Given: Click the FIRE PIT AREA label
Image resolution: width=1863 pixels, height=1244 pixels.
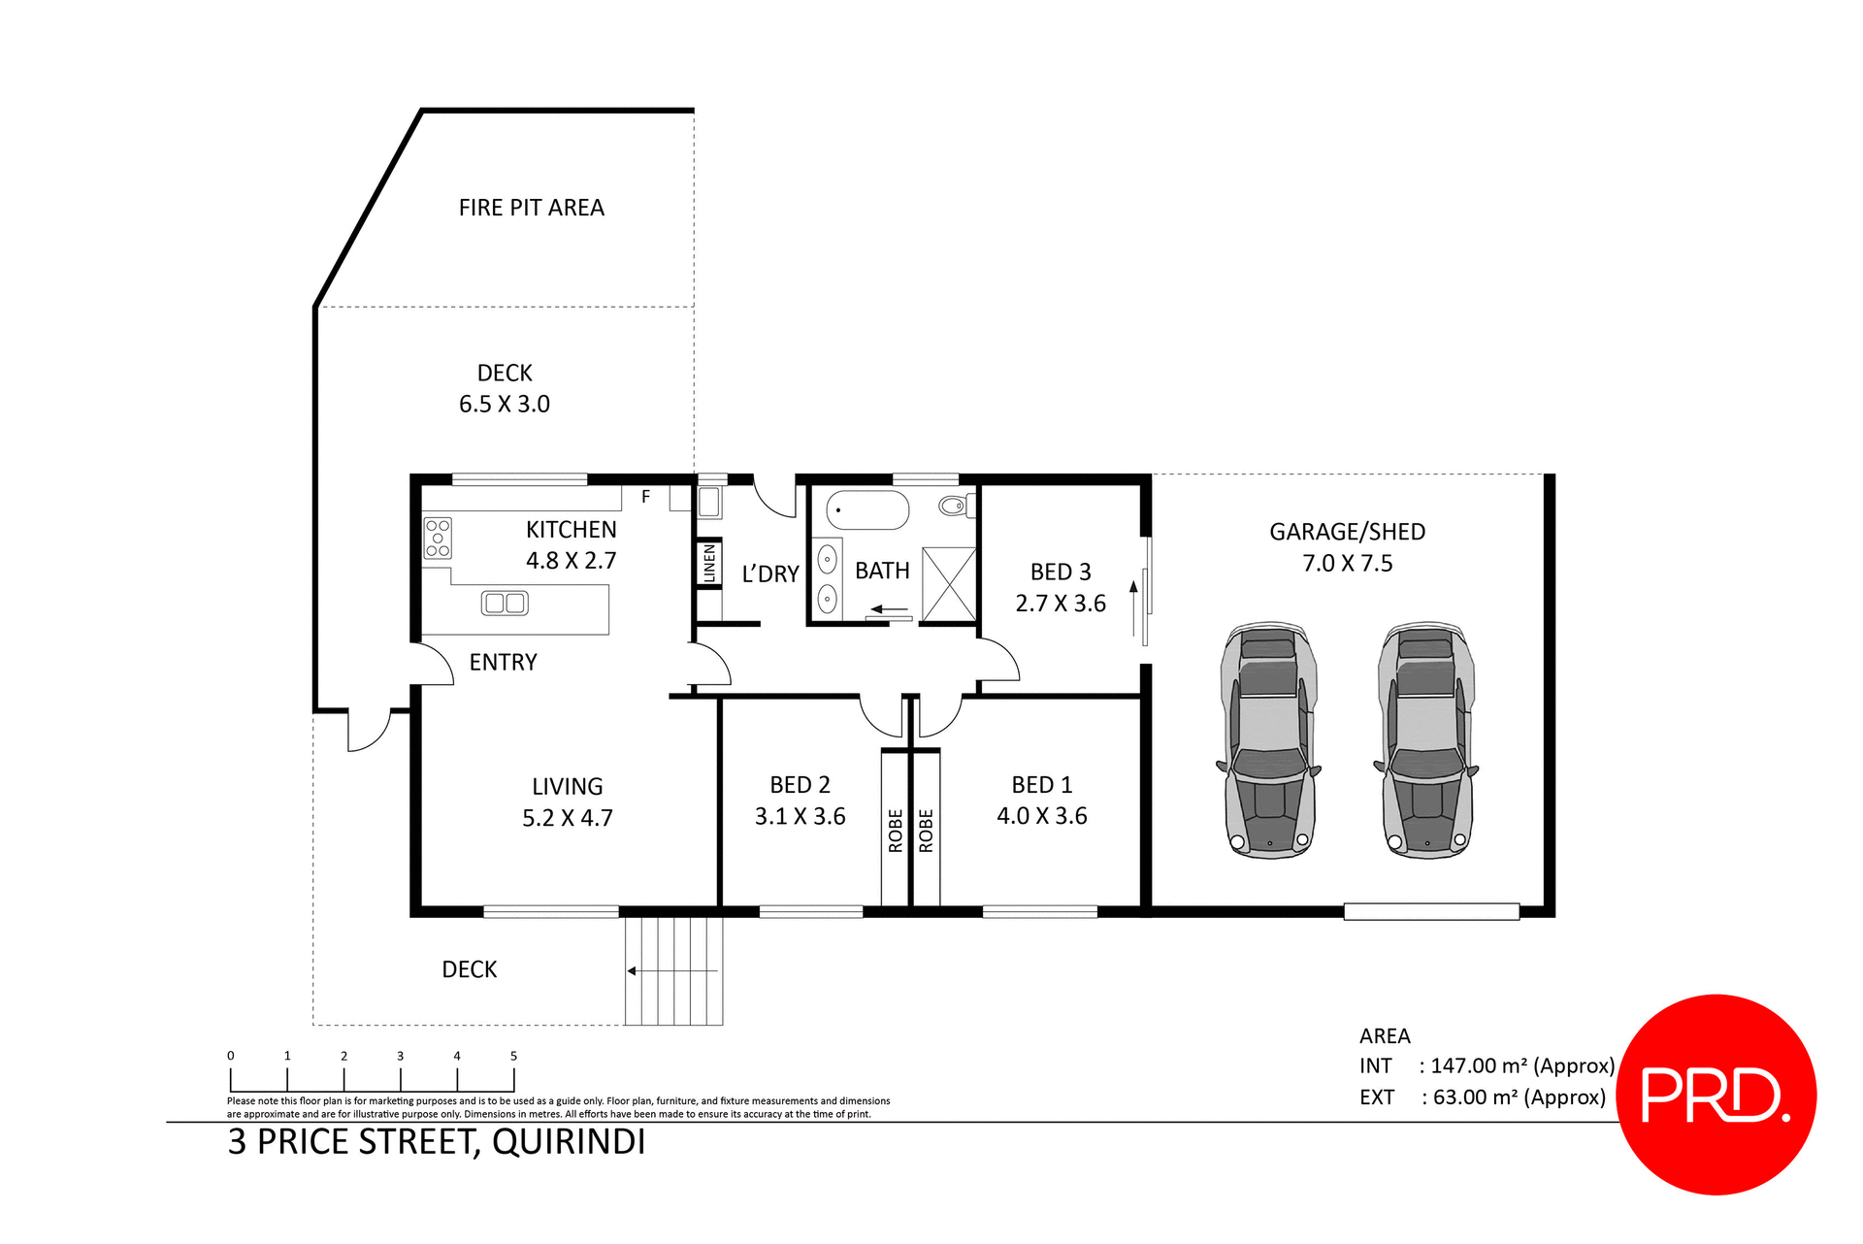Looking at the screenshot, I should coord(531,208).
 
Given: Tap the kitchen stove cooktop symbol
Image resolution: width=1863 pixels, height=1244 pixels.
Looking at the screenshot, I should coord(438,539).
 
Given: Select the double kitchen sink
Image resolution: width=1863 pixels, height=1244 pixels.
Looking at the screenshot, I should coord(505,604).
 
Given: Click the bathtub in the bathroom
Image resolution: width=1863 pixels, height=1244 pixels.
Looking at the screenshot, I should coord(867,509).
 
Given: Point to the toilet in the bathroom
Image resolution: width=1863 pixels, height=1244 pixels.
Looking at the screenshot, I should coord(954,505).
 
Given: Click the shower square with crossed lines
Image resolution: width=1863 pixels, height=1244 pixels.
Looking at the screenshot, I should coord(948,584).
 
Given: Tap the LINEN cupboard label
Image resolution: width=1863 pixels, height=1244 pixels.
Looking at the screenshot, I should coord(709,563).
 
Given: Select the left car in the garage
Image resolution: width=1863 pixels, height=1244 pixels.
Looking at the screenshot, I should coord(1268,741).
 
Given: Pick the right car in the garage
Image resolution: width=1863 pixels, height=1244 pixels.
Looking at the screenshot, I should coord(1425,741).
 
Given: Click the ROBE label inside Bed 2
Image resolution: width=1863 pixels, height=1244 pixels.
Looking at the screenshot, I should coord(896,831).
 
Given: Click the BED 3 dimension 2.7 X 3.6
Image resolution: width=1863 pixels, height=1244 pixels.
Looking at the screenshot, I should coord(1061,604).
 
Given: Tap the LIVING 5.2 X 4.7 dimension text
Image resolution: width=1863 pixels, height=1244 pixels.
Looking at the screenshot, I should coord(568,818).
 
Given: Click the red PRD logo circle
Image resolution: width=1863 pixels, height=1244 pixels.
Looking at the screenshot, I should coord(1716,1095).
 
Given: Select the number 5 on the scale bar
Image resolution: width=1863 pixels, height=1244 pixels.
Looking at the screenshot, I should coord(513,1056).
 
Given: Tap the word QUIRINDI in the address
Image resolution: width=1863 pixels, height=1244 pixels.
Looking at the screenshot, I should coord(569,1142).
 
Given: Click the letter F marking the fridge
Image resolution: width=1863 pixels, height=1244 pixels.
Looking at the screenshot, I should coord(645,497).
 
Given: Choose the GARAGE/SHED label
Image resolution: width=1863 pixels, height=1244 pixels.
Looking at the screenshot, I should coord(1347,532).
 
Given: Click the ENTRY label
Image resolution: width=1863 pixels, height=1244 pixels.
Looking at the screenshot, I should coord(503,663).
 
